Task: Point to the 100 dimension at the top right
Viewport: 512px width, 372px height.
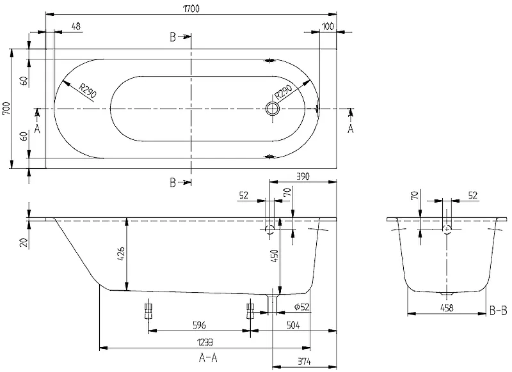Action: (328, 26)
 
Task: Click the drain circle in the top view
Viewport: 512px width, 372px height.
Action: (273, 109)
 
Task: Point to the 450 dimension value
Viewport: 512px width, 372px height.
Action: (275, 256)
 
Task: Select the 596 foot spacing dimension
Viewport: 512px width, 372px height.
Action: (200, 325)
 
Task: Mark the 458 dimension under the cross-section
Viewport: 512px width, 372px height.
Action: (447, 309)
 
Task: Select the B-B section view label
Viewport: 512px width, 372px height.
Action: (497, 311)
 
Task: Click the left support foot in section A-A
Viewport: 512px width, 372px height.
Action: (149, 311)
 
